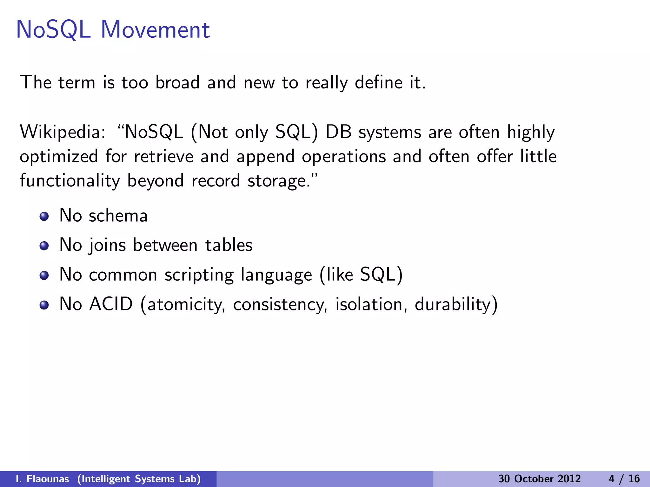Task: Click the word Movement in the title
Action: [155, 30]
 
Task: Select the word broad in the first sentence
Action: [177, 82]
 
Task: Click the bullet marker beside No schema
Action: [44, 217]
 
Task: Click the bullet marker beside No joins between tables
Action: [44, 246]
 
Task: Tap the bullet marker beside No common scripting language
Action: [44, 276]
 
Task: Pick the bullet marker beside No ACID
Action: [44, 305]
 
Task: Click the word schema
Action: [118, 216]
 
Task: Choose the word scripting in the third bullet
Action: [199, 275]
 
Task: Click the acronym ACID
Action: [111, 304]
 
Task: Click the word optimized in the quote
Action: [59, 157]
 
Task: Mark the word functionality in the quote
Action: [70, 181]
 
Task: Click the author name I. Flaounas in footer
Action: [42, 479]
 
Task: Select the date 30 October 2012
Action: [539, 479]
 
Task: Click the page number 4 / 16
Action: [624, 479]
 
